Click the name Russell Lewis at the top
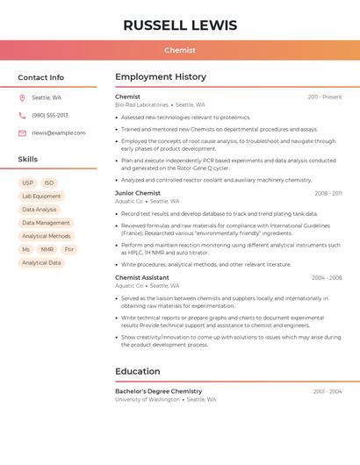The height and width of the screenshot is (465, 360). click(x=180, y=25)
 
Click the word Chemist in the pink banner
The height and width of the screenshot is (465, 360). click(x=180, y=50)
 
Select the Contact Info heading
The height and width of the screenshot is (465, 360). click(x=41, y=77)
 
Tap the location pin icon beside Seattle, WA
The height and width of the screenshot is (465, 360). click(x=22, y=98)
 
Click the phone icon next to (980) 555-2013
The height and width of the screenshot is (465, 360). click(x=22, y=116)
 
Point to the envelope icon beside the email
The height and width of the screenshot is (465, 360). click(x=22, y=133)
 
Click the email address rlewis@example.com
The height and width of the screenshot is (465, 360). click(x=59, y=133)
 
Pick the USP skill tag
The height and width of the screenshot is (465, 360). click(x=27, y=183)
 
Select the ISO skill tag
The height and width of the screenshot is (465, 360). click(x=49, y=183)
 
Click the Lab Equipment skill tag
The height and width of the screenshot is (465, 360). click(x=41, y=197)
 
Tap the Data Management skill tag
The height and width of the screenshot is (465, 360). click(x=46, y=223)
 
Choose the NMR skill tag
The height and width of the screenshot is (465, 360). click(x=47, y=249)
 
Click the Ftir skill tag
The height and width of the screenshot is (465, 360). click(x=69, y=249)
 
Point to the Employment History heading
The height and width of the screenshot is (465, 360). click(x=161, y=77)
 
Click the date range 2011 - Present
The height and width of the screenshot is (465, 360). click(x=325, y=97)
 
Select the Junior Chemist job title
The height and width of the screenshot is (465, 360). click(x=138, y=193)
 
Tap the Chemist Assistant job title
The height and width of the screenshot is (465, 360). click(x=142, y=278)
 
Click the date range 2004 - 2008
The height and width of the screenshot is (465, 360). click(x=327, y=278)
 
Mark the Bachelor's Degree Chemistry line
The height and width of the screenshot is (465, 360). click(x=159, y=391)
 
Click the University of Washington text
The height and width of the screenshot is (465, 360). click(x=148, y=399)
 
